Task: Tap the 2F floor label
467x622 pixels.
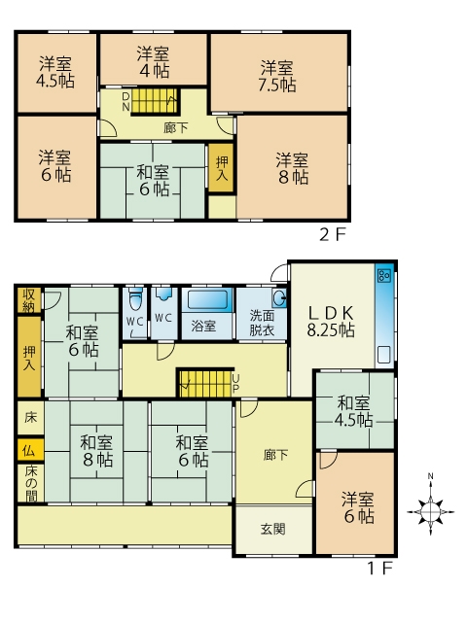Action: [333, 235]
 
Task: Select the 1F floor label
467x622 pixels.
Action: [379, 569]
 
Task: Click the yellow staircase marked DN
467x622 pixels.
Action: [155, 101]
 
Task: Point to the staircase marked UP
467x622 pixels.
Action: [205, 383]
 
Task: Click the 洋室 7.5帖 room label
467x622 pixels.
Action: [277, 76]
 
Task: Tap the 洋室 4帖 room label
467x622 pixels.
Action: [154, 62]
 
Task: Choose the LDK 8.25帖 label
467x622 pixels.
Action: [331, 322]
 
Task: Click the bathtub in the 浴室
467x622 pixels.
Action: [207, 299]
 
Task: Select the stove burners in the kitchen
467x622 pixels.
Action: [384, 275]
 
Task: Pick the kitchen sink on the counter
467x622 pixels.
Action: [384, 355]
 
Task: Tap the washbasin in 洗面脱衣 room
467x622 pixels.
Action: [279, 297]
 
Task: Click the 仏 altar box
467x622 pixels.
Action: [30, 451]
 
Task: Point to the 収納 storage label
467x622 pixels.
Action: [28, 300]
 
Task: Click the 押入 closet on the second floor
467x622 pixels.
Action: [222, 168]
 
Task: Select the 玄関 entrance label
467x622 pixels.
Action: [272, 529]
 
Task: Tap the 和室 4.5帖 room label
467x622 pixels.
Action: [353, 411]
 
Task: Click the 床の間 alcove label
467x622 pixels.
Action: [30, 483]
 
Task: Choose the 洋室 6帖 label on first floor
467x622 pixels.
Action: [358, 507]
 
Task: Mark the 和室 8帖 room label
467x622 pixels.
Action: [96, 451]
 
